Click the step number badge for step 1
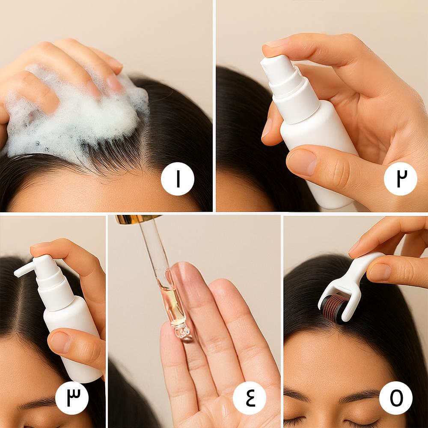(x=178, y=178)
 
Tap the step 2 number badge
(x=401, y=178)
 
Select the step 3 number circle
(x=72, y=398)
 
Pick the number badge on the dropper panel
(x=249, y=398)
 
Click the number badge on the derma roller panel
(x=396, y=398)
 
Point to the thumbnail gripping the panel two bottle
(x=302, y=162)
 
